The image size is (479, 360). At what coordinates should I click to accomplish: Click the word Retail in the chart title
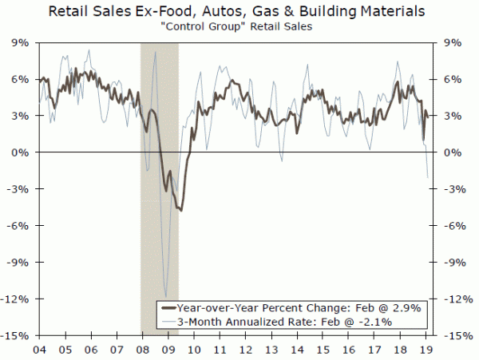[x=77, y=13]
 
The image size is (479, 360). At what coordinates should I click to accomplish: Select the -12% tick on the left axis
[x=18, y=299]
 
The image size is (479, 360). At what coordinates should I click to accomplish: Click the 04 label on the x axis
[x=38, y=348]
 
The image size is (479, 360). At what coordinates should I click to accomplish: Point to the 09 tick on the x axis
[x=166, y=348]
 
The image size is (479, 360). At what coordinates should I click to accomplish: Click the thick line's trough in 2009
[x=180, y=210]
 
